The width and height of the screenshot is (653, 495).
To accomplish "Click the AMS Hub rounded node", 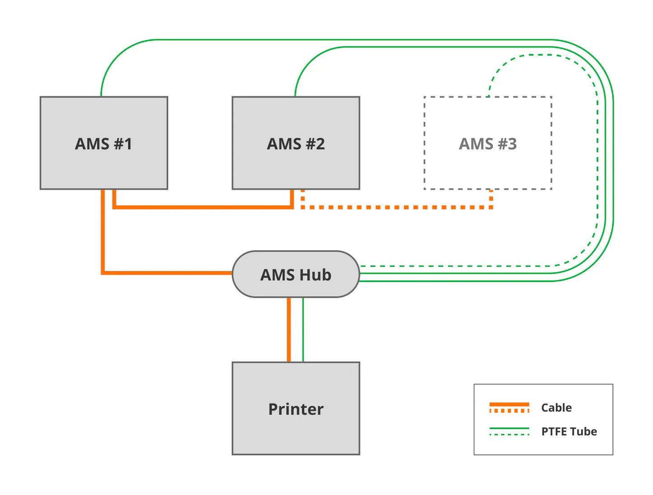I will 296,274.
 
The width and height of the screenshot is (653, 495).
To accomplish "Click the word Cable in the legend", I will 556,408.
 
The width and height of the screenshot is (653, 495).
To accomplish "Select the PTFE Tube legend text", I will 569,432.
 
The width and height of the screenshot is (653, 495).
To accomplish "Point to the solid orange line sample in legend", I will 509,404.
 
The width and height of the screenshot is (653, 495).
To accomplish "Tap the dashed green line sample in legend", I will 509,434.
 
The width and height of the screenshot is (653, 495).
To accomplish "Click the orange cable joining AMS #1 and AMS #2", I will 203,207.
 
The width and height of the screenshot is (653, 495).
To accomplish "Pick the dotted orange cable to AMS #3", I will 398,207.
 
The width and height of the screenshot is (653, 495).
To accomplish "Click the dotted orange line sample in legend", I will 509,411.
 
